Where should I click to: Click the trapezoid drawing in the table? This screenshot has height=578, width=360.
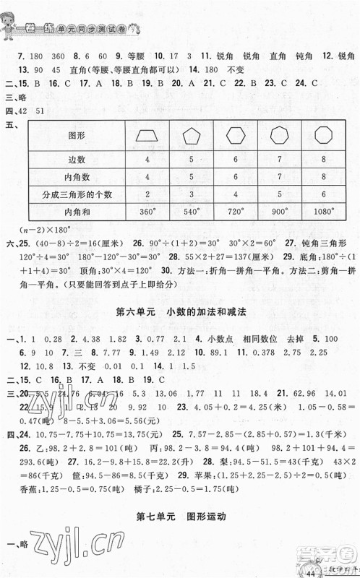[147, 135]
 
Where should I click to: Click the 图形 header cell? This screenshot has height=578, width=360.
[77, 135]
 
